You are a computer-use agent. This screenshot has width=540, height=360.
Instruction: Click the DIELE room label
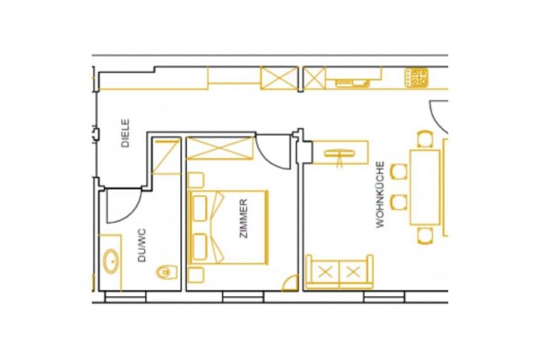click(125, 133)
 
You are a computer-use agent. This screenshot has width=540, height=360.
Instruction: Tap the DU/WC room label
click(141, 245)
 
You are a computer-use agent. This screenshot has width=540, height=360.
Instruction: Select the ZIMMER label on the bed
click(243, 219)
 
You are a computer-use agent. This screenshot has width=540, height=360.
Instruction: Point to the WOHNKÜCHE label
click(380, 194)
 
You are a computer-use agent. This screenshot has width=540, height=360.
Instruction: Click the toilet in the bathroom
click(167, 272)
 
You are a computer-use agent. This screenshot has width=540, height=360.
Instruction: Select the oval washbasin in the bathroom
click(111, 261)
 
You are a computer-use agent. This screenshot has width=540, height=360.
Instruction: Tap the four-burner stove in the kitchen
click(416, 78)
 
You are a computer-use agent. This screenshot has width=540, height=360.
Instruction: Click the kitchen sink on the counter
click(352, 83)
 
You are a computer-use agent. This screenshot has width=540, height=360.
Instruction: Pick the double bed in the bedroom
click(229, 227)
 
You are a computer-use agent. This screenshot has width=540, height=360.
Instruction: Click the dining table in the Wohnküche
click(425, 187)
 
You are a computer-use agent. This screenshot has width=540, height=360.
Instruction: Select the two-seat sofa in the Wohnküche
click(339, 272)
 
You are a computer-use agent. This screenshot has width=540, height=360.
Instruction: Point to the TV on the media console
click(340, 154)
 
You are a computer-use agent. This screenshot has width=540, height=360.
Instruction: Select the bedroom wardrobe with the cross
click(220, 148)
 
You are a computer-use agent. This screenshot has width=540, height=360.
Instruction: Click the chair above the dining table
click(425, 139)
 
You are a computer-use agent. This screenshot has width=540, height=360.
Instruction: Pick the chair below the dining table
click(425, 235)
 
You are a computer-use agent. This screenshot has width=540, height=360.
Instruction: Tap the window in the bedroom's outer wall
click(243, 297)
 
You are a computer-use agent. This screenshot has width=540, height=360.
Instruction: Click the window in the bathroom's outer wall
click(125, 297)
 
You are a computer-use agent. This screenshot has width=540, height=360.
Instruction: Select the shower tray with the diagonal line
click(166, 157)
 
